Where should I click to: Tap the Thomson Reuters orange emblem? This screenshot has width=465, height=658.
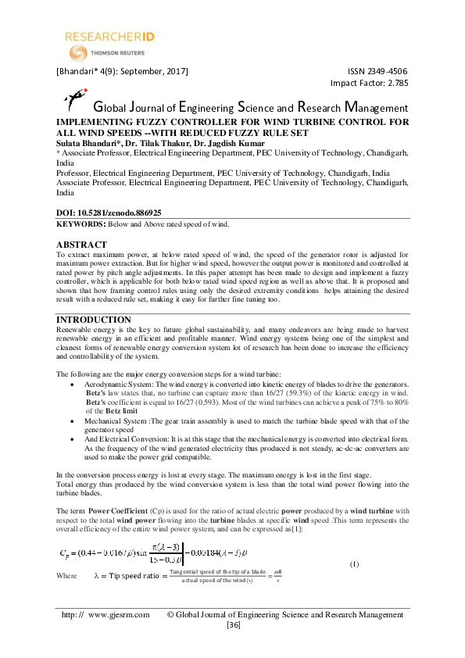(x=77, y=53)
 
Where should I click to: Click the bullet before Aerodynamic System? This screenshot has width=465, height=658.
(x=73, y=386)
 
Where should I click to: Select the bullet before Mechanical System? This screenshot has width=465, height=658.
(x=73, y=420)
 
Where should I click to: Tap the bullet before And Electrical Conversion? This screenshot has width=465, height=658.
(x=73, y=439)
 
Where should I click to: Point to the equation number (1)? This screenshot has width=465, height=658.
(x=353, y=564)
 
